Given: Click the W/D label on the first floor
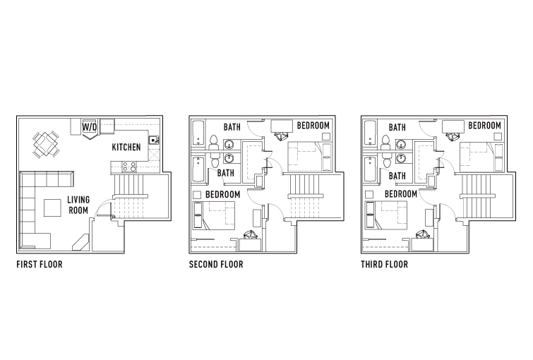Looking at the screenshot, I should point(90,127).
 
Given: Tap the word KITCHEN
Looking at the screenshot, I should point(126,148).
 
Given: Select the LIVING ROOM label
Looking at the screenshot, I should point(78,205).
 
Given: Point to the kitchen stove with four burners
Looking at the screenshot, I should point(129,167).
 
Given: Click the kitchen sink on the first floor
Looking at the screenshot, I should point(154,140).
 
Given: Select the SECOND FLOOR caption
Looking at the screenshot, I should point(216,265).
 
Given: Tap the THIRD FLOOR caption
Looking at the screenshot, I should point(384,265).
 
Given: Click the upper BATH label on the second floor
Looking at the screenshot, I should point(232,128).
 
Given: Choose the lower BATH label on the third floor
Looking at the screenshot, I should point(397,176).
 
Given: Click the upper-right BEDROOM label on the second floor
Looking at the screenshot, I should point(313,126).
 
